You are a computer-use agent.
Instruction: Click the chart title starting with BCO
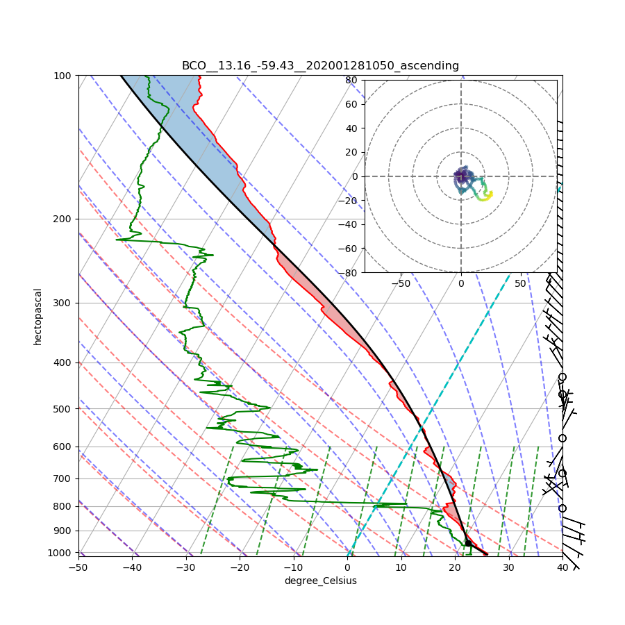click(x=320, y=66)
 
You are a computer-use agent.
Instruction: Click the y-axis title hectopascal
click(x=38, y=317)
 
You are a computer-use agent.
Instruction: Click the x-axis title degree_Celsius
click(x=320, y=581)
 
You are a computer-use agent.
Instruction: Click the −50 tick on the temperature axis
click(x=78, y=567)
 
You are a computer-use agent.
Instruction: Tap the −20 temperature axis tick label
click(x=240, y=567)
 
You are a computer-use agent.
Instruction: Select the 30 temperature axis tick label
click(x=508, y=567)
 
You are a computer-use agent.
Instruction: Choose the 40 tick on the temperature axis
click(x=562, y=567)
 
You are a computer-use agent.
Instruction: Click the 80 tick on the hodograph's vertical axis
click(x=351, y=80)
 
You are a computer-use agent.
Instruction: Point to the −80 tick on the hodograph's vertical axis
click(x=349, y=273)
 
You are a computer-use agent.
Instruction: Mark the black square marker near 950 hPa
click(x=468, y=543)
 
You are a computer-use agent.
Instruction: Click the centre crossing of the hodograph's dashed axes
click(x=460, y=176)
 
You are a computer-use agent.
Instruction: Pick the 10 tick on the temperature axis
click(x=401, y=567)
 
